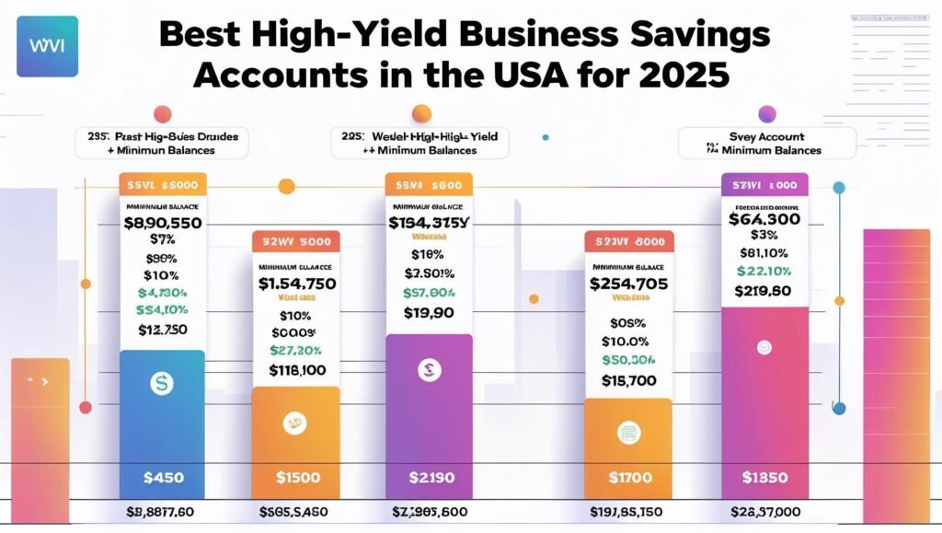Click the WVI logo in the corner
[x=47, y=45]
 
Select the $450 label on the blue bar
[x=163, y=478]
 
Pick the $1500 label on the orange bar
[x=297, y=478]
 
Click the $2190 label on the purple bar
[x=429, y=478]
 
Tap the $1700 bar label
[x=628, y=478]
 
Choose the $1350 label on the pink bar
[x=764, y=478]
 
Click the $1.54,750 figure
[x=296, y=283]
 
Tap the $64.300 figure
[x=764, y=219]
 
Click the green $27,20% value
[x=296, y=350]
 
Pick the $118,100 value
[x=296, y=370]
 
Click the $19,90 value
[x=429, y=313]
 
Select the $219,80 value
[x=764, y=292]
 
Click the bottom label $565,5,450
[x=296, y=512]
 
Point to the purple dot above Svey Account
[x=766, y=114]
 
